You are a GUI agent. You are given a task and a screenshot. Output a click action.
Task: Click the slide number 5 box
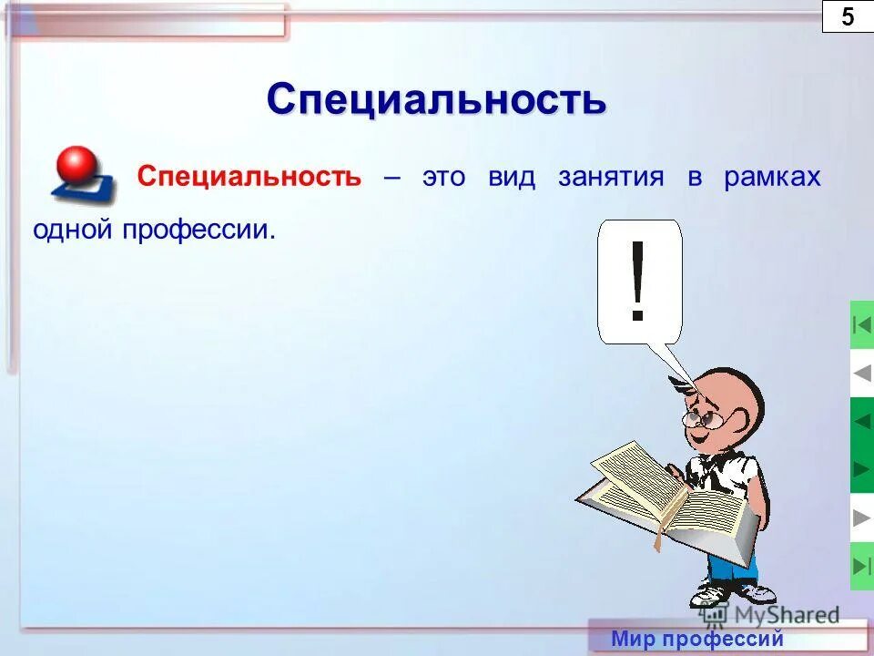coord(848,16)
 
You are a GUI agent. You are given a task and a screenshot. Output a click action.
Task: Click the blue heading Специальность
coord(436,98)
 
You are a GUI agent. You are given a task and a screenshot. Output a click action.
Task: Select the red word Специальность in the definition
coord(249,177)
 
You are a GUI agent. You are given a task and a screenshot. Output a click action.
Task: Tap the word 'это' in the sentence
coord(442,177)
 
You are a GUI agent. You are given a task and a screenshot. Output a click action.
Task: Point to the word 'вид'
coord(511,177)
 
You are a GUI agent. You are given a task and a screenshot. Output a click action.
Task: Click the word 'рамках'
coord(772,178)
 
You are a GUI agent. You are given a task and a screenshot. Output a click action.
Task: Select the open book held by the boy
coord(665,497)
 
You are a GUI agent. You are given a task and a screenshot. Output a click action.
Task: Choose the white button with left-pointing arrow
coord(861,374)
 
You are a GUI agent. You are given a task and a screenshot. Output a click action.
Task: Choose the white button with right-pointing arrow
coord(861,518)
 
